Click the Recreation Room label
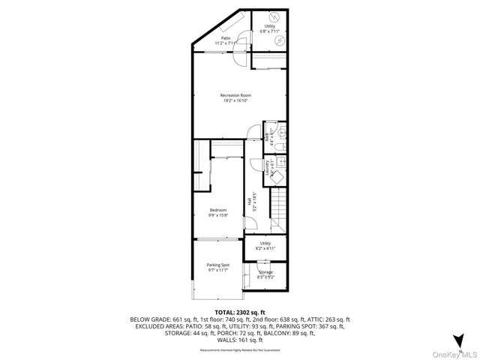(235, 98)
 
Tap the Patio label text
(225, 40)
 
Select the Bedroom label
(217, 212)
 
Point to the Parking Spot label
(217, 267)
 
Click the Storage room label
(265, 274)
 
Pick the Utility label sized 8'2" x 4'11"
(265, 245)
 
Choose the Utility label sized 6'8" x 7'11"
(268, 28)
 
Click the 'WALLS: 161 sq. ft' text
(239, 339)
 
